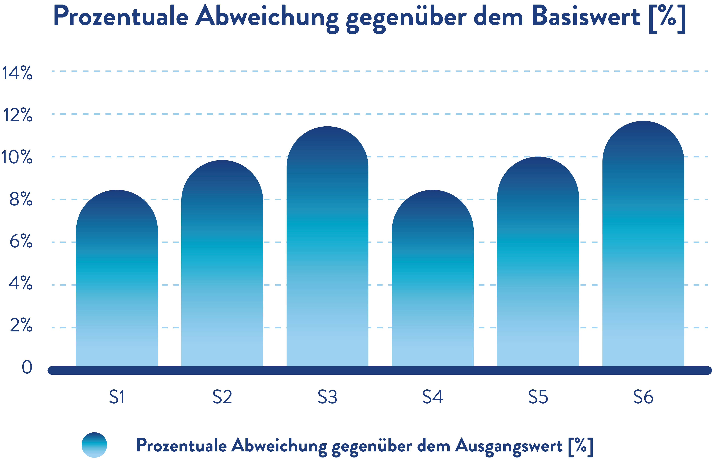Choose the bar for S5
click(538, 262)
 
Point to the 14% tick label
click(17, 73)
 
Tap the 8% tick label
click(21, 199)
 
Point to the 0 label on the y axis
click(27, 367)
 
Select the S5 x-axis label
click(538, 397)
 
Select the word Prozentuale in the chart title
click(121, 16)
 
